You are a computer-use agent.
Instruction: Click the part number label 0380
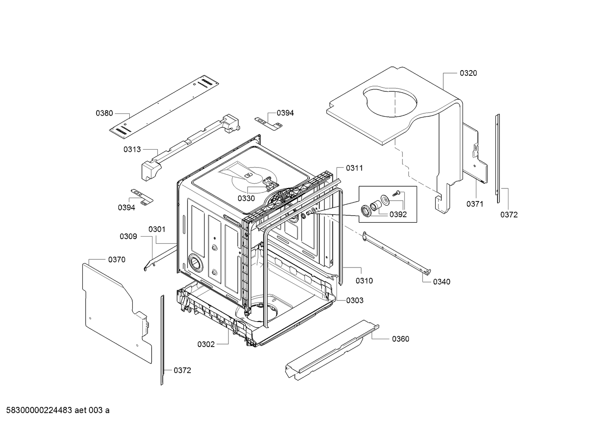tap(104, 113)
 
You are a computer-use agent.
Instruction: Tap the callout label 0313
tap(132, 149)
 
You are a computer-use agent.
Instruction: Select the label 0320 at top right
tap(468, 73)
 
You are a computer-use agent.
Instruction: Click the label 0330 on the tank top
tap(246, 199)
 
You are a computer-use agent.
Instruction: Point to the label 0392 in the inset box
tap(398, 215)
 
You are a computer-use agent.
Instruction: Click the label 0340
tap(441, 282)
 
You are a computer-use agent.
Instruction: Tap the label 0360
tap(400, 339)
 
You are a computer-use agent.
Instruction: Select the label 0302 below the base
tap(206, 344)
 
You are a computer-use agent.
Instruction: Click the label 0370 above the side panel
tap(117, 259)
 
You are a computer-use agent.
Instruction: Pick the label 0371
tap(474, 204)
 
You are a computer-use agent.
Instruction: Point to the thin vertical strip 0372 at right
tap(498, 159)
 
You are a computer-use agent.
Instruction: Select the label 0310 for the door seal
tap(364, 281)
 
